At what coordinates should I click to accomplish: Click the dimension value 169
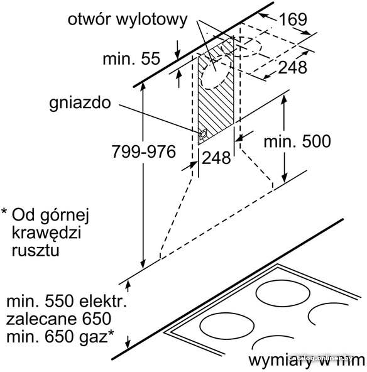click(293, 19)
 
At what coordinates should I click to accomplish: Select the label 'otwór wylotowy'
click(128, 19)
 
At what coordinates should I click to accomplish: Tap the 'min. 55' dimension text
click(131, 58)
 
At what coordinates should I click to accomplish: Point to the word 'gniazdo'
click(80, 104)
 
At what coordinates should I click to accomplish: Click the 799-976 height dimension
click(144, 151)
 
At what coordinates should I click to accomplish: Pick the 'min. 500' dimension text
click(297, 141)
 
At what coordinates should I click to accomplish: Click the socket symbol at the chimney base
click(204, 134)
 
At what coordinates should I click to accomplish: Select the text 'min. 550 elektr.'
click(67, 301)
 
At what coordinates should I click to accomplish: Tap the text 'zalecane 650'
click(58, 319)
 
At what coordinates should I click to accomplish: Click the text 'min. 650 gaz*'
click(60, 337)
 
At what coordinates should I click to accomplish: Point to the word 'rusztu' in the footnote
click(36, 250)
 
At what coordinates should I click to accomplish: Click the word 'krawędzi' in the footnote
click(47, 233)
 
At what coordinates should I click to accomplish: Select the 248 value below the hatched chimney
click(216, 158)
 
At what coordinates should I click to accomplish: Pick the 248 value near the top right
click(292, 67)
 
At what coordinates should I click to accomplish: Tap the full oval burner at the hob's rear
click(283, 293)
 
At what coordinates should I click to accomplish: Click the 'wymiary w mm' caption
click(307, 361)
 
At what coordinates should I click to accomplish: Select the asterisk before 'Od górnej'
click(4, 211)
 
